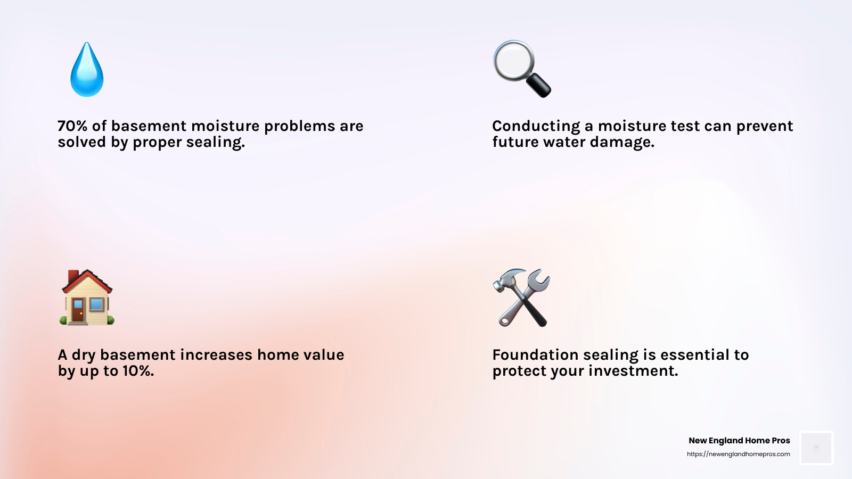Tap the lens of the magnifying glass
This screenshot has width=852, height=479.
click(513, 61)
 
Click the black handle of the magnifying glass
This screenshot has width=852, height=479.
click(539, 85)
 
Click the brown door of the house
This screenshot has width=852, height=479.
click(78, 310)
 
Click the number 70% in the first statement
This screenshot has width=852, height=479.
click(72, 126)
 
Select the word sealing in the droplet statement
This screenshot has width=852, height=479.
click(215, 143)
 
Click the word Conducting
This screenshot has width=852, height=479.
click(536, 126)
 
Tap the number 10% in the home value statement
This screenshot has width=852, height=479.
click(138, 371)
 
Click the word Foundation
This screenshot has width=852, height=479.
click(535, 355)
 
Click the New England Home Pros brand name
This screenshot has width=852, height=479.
click(739, 441)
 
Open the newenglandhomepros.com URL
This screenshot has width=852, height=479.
click(738, 454)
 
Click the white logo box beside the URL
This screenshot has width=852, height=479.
click(816, 448)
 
